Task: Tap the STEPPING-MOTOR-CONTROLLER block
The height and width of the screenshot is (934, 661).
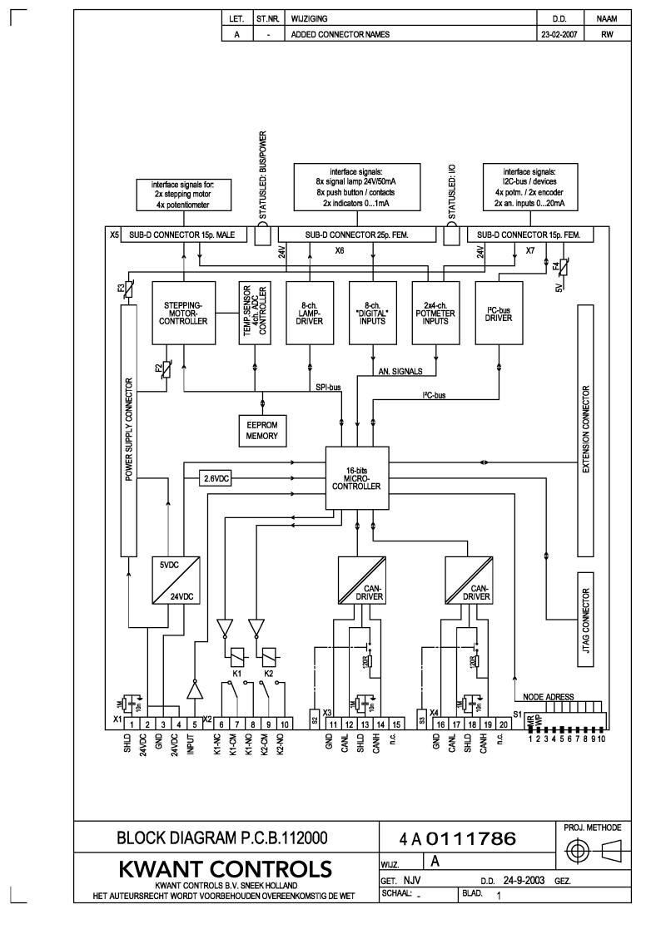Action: coord(181,314)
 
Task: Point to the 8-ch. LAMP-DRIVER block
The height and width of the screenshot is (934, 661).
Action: coord(309,314)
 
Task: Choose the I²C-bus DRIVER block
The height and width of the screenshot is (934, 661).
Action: coord(499,314)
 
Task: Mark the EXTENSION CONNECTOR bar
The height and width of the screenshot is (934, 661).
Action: coord(587,429)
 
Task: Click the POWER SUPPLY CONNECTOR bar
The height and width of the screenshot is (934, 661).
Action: coord(129,429)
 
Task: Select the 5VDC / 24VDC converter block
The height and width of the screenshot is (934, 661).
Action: coord(175,580)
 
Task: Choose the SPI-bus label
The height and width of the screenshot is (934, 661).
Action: coord(328,387)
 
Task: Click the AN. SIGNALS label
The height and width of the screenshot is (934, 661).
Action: coord(400,371)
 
